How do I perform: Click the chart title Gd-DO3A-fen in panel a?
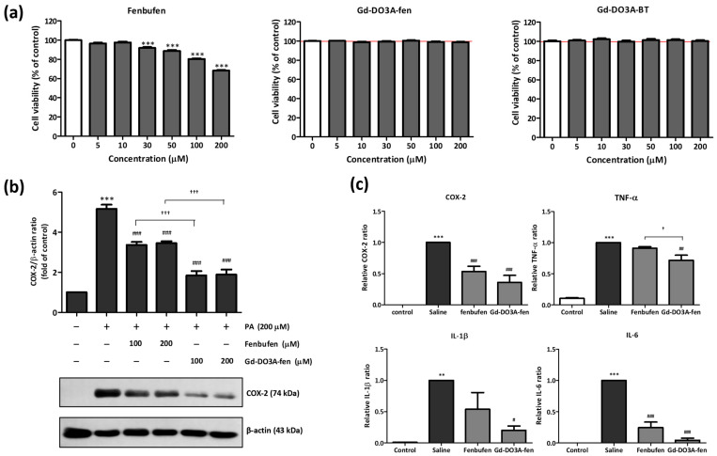pos(394,8)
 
